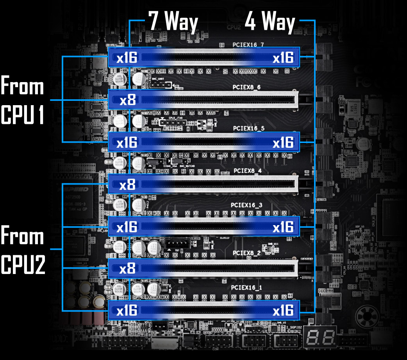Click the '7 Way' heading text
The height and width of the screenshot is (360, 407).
(173, 22)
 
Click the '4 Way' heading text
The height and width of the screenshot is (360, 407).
(270, 22)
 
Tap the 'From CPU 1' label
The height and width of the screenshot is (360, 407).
(22, 100)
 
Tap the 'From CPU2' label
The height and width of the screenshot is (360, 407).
(22, 251)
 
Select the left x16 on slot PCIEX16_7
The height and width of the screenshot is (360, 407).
(127, 58)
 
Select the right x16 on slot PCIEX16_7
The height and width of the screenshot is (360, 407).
(283, 58)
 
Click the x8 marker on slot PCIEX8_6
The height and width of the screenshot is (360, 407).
(127, 100)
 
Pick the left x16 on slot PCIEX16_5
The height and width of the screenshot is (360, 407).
(127, 143)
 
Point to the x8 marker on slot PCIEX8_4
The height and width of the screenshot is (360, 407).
(127, 185)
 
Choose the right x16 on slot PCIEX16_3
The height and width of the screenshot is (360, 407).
(283, 227)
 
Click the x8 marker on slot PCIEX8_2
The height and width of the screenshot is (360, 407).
(127, 269)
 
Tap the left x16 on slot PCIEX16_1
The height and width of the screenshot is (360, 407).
(127, 311)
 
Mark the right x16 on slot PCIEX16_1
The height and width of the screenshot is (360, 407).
(283, 311)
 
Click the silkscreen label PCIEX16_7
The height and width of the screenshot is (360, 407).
(248, 45)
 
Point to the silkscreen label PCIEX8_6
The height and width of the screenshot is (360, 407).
(247, 87)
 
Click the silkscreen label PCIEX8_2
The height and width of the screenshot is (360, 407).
(246, 253)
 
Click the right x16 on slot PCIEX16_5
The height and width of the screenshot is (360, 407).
(283, 143)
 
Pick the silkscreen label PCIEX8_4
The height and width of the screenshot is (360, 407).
(247, 171)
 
